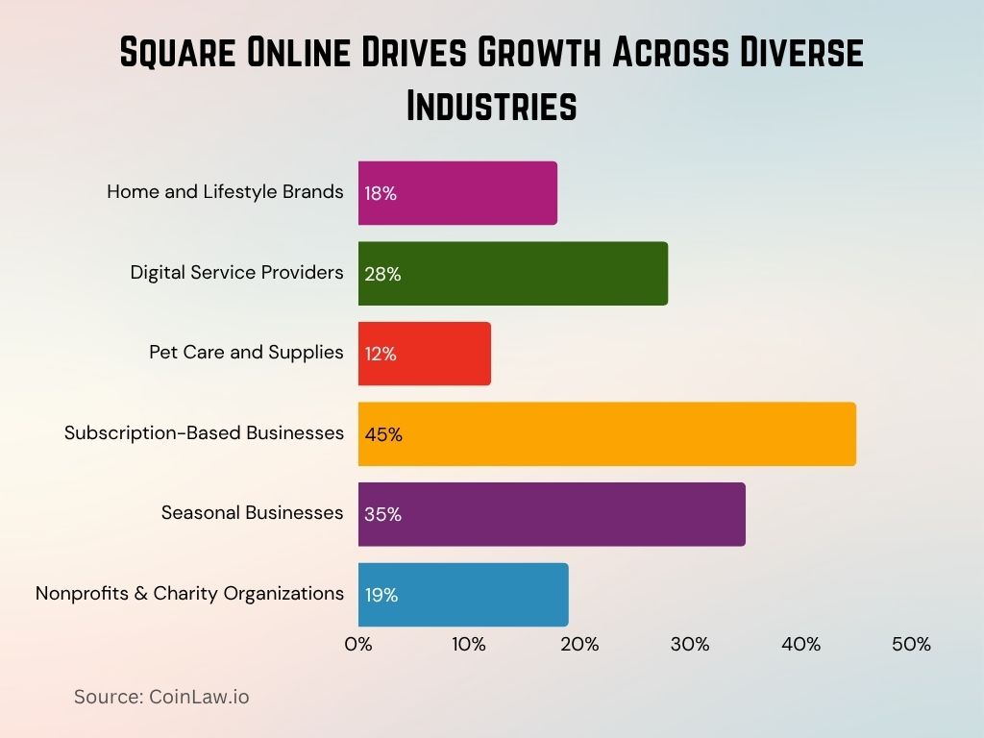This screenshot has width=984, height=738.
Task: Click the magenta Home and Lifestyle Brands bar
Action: click(x=457, y=193)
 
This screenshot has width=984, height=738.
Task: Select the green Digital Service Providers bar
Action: click(x=512, y=274)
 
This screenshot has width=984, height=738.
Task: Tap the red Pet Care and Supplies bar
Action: click(x=424, y=354)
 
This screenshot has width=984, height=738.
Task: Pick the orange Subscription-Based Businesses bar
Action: click(x=606, y=434)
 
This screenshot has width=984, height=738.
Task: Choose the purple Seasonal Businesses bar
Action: click(x=552, y=514)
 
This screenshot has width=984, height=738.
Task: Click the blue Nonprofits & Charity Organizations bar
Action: click(x=463, y=595)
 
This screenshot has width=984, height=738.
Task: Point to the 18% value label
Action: click(x=381, y=194)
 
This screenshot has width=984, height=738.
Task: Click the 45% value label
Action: click(x=383, y=435)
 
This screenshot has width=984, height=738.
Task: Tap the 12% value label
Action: click(x=381, y=355)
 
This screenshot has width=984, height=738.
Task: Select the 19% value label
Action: click(x=381, y=596)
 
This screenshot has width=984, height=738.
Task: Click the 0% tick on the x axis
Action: click(x=358, y=645)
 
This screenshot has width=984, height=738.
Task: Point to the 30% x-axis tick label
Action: click(x=690, y=645)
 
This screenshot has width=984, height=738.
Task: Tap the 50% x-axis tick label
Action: click(x=911, y=645)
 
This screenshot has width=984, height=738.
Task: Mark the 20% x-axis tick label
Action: click(x=579, y=645)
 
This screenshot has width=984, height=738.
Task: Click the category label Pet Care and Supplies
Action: click(x=246, y=353)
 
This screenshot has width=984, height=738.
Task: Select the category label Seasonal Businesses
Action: click(x=252, y=513)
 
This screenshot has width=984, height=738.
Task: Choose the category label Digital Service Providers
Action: click(x=236, y=273)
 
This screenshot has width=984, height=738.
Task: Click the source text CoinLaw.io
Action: click(x=199, y=698)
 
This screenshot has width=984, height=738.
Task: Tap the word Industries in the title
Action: click(x=491, y=106)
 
